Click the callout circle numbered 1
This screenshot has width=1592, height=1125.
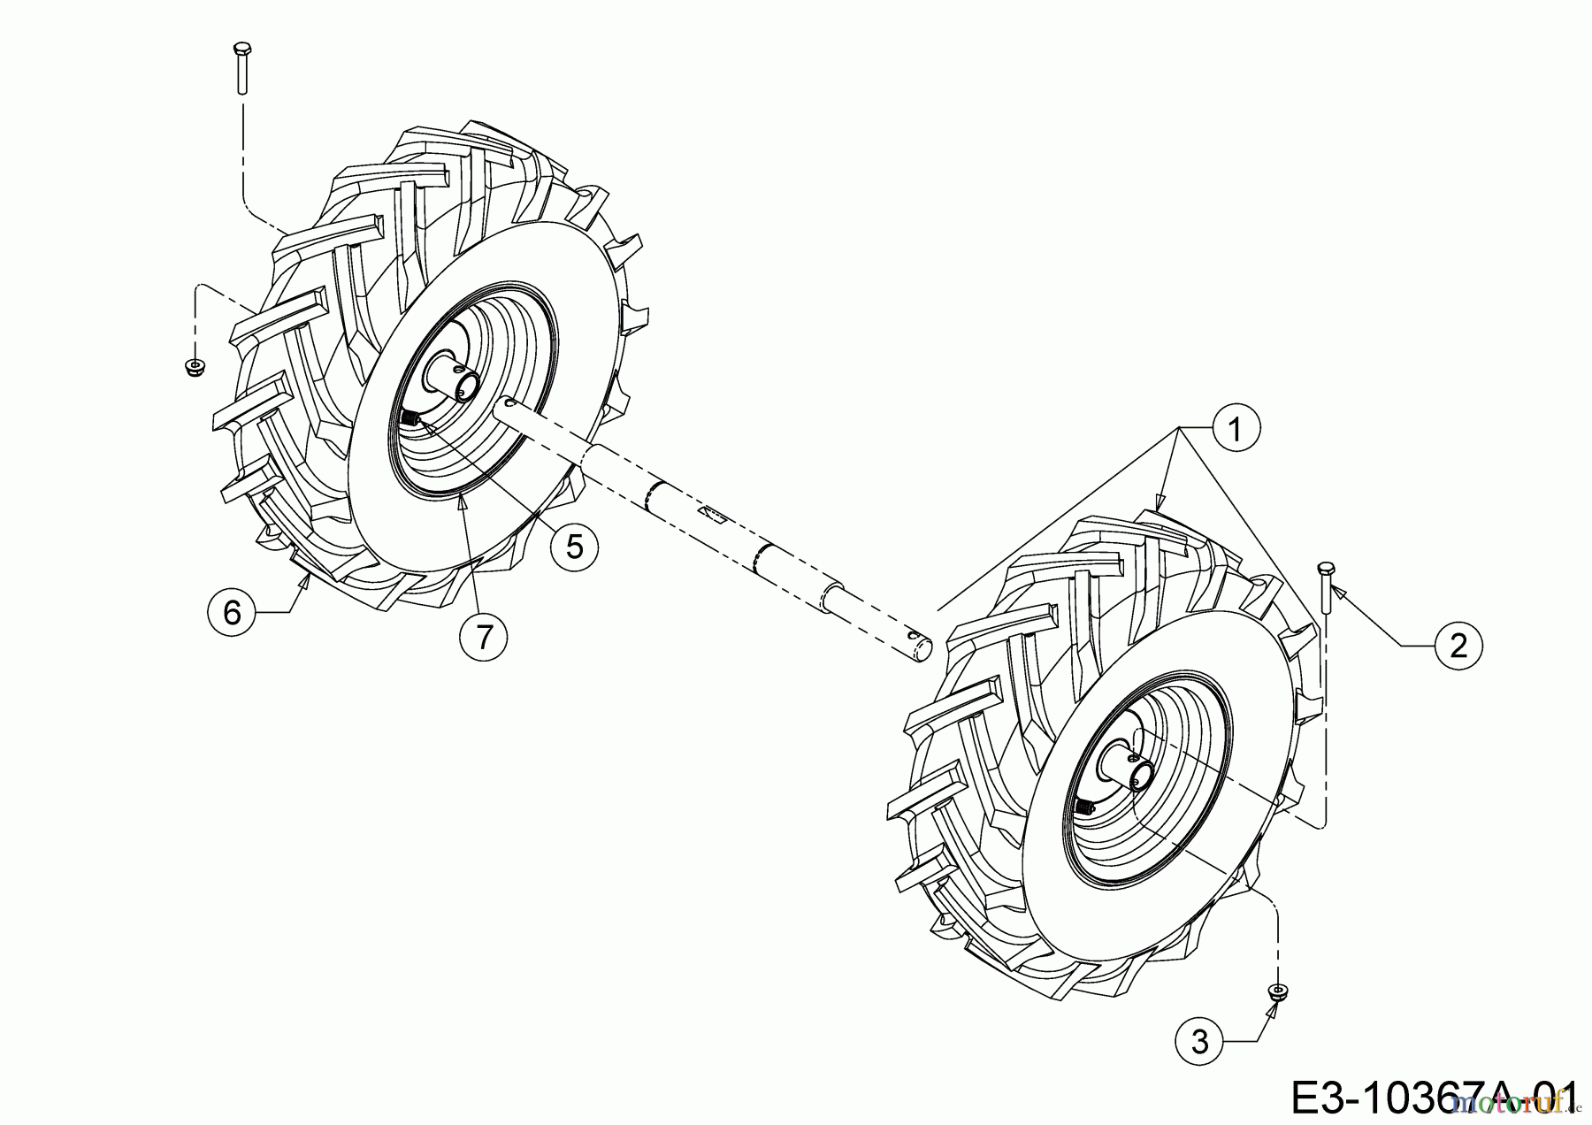[x=1236, y=430]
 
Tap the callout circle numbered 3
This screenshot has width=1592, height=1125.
[x=1199, y=1042]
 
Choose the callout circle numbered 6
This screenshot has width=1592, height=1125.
[x=232, y=610]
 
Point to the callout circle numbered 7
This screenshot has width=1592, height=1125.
[x=484, y=636]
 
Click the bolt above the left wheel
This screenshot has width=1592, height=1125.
[x=241, y=66]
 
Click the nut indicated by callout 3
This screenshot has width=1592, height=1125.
[x=1275, y=992]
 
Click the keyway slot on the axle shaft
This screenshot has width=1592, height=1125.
[x=710, y=513]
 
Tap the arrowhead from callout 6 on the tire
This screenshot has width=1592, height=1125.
[x=304, y=580]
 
